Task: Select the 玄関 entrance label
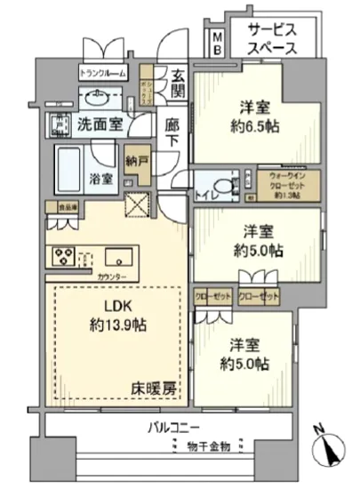178,82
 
